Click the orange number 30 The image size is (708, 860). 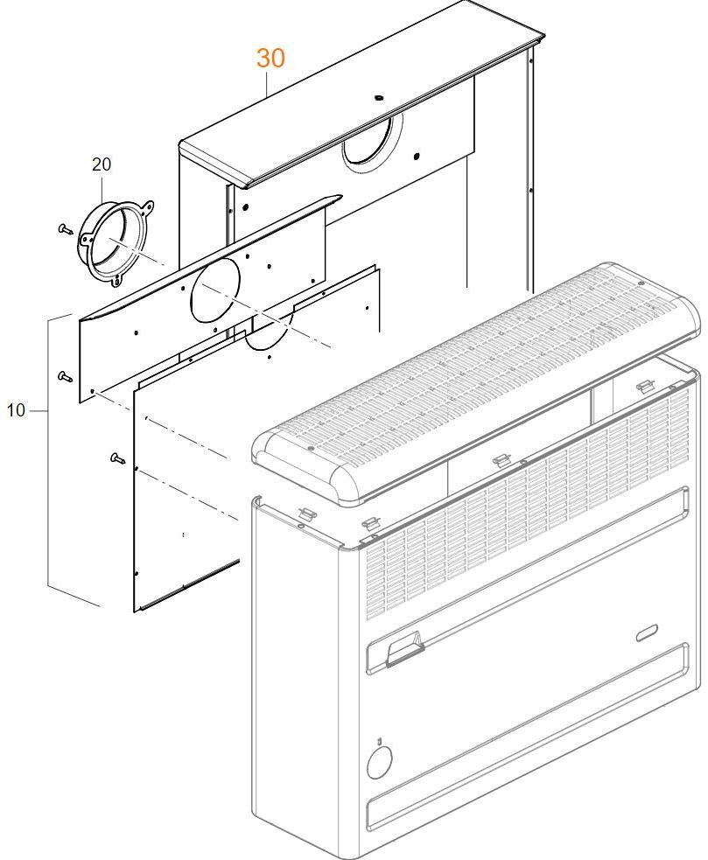270,59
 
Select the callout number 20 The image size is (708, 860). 102,164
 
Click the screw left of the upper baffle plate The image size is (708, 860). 64,376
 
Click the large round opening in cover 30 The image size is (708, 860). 371,143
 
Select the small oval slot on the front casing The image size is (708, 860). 649,633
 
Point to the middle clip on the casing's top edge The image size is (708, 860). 501,459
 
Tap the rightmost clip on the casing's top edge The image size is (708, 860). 643,386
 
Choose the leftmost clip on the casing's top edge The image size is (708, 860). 308,512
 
